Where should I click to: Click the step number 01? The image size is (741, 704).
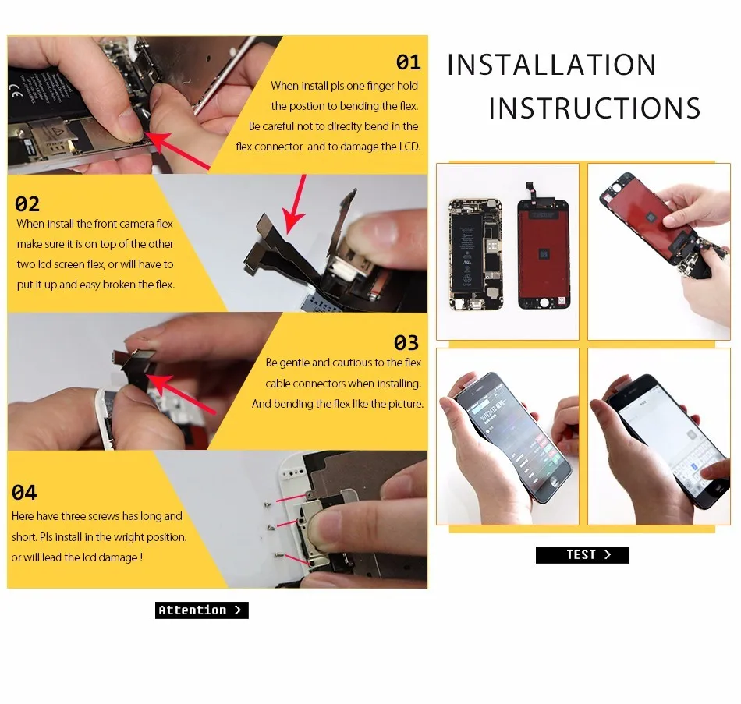coord(408,62)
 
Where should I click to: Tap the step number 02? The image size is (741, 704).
coord(27,204)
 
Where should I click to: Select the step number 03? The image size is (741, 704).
coord(406,343)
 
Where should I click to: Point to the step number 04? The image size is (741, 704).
coord(24,492)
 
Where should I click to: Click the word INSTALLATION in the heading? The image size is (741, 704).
coord(551,65)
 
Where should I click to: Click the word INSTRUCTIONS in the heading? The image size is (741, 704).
coord(594,108)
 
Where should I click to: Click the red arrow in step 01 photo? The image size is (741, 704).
coord(177,150)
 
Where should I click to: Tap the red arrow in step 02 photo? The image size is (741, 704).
coord(294,204)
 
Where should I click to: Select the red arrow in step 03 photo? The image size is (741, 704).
coord(182,394)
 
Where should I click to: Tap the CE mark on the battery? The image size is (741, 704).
coord(16,92)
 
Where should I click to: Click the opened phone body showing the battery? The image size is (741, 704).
coord(475,255)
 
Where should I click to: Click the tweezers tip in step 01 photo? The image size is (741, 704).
coord(195,113)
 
